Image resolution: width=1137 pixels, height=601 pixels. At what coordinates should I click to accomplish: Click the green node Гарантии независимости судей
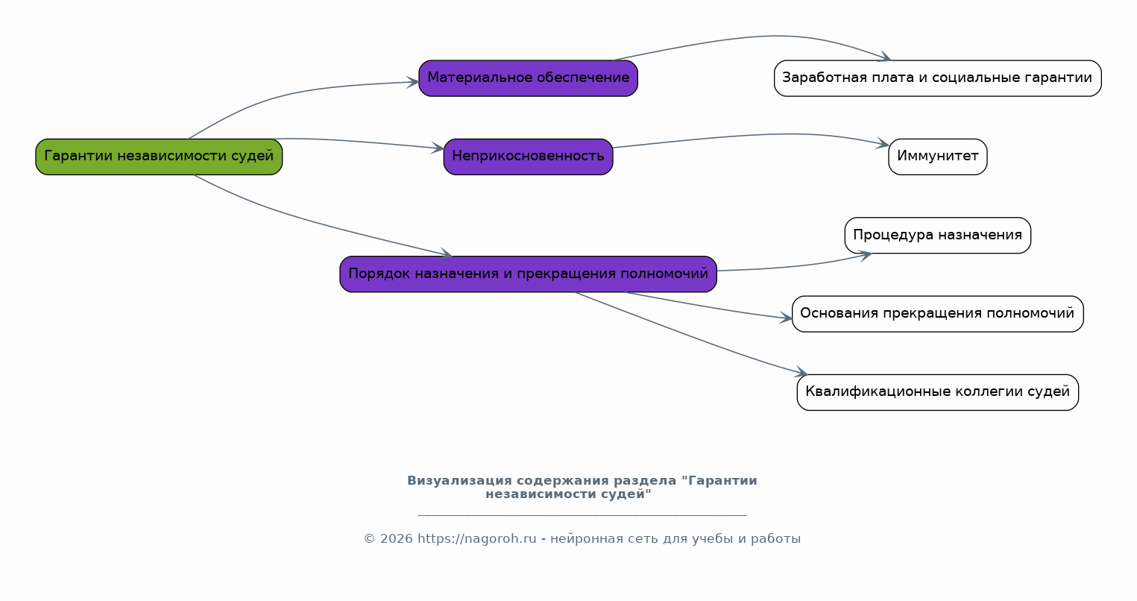click(159, 157)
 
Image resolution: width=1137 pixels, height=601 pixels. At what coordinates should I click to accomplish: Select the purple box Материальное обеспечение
click(528, 78)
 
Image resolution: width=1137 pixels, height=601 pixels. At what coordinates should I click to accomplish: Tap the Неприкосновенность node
click(528, 157)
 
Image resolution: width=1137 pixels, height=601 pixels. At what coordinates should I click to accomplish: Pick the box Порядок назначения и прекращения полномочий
click(528, 274)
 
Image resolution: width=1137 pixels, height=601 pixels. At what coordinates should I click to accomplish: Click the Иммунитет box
click(937, 157)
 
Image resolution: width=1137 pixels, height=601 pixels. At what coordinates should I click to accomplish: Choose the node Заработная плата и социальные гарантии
click(937, 78)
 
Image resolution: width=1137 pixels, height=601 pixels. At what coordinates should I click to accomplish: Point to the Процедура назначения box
click(937, 236)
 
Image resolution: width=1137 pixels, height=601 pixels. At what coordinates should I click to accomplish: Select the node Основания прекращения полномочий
click(937, 314)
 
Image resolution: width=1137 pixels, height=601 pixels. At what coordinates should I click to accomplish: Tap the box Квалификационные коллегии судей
click(937, 392)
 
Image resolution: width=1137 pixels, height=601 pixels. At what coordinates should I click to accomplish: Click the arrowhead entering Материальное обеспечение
click(413, 82)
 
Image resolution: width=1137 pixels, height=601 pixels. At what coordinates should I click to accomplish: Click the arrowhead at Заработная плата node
click(885, 57)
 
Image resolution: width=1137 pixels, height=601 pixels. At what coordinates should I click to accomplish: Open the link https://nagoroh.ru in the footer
click(476, 538)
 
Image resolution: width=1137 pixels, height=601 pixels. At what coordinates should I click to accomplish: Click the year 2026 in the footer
click(397, 538)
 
